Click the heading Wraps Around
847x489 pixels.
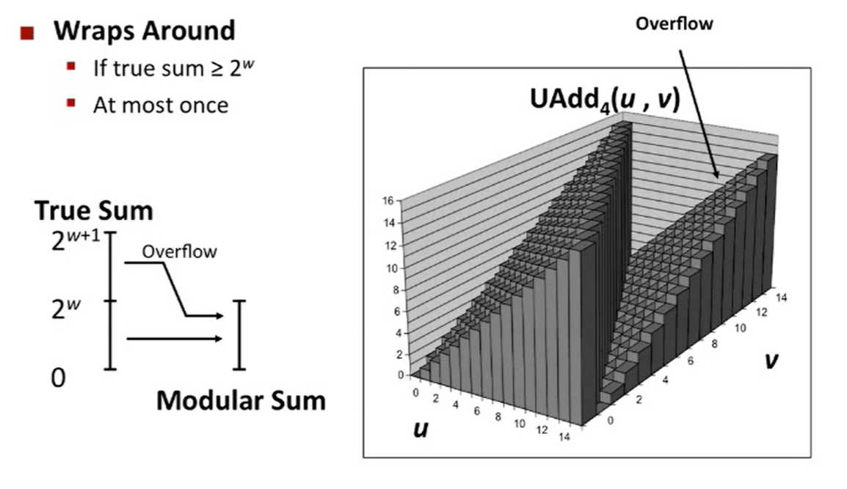145,31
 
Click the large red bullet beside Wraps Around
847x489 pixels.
27,32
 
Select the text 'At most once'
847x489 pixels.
160,104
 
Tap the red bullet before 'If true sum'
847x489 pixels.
71,67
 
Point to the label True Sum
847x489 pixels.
94,211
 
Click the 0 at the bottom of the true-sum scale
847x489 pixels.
59,378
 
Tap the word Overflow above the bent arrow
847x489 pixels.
179,251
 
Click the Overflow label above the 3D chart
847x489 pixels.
674,23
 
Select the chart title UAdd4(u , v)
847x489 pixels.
606,100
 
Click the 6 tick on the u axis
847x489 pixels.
476,411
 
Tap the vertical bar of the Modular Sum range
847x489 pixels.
238,334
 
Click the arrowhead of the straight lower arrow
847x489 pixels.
218,339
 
